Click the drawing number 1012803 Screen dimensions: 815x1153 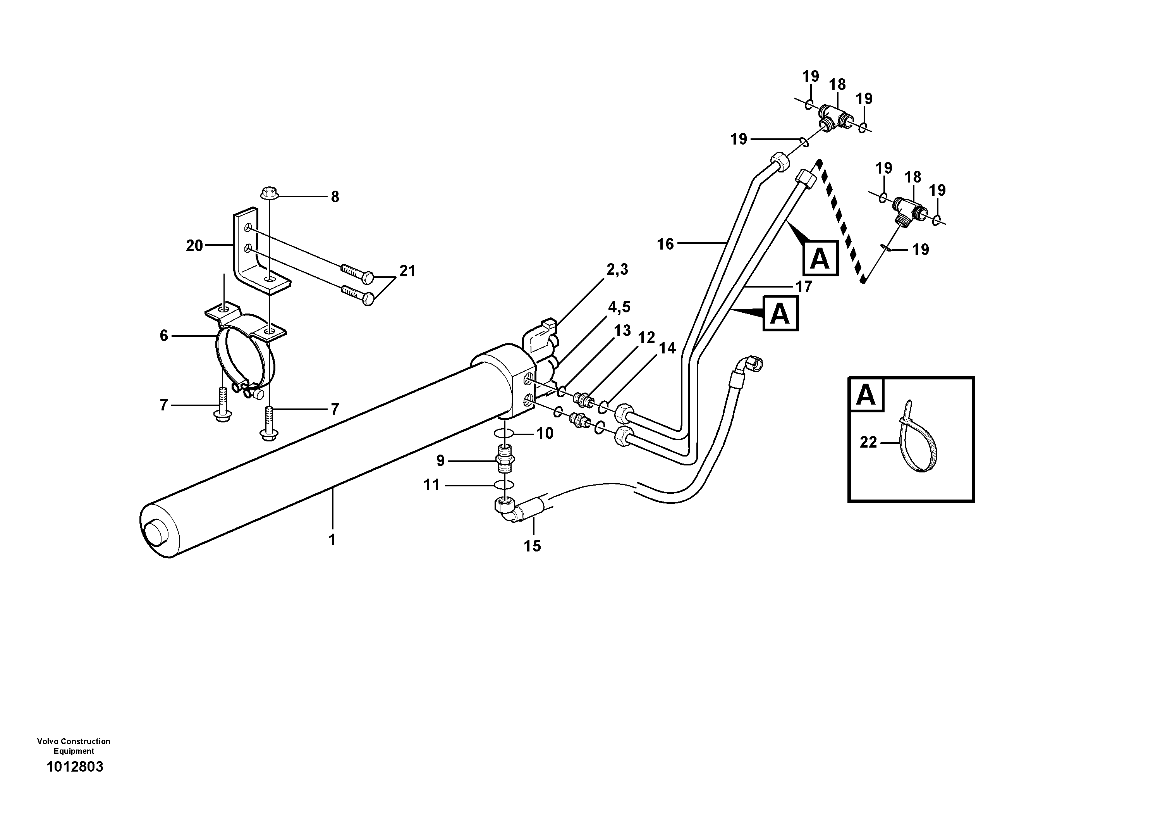click(74, 767)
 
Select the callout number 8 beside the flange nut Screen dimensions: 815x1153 click(335, 197)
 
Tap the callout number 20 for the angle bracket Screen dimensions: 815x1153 click(194, 246)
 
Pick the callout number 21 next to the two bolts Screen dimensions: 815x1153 click(407, 271)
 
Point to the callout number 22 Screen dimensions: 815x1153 click(868, 442)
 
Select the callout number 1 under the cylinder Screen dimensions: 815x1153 click(332, 540)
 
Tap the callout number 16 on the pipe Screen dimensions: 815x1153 click(665, 244)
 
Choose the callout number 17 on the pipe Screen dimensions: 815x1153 click(804, 287)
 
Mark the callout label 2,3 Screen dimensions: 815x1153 click(617, 270)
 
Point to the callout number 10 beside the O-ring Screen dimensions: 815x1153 click(545, 433)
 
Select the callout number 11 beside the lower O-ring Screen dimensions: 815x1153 click(432, 485)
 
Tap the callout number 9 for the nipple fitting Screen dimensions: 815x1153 click(440, 461)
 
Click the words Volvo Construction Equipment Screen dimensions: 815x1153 click(74, 746)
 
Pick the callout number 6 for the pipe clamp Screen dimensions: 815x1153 click(164, 336)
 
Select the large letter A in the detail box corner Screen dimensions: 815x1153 click(866, 395)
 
